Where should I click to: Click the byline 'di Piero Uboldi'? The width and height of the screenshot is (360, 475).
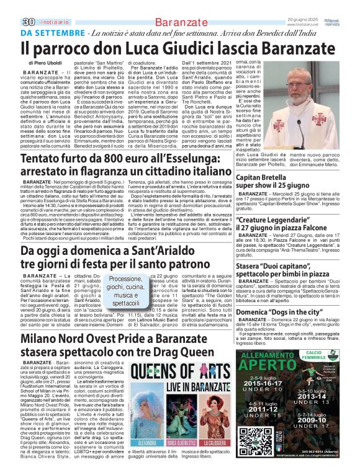pos(45,63)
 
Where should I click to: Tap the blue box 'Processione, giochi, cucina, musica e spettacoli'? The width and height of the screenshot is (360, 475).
pos(126,291)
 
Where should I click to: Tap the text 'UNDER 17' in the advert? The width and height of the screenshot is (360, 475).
pos(308,426)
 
